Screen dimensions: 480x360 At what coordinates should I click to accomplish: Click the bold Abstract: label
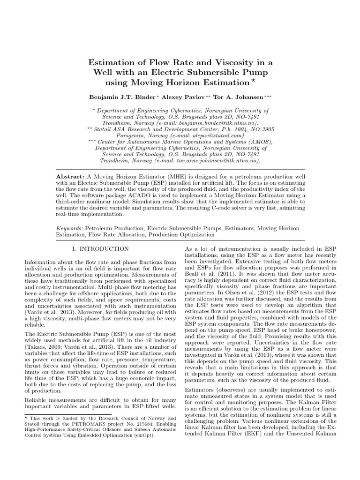pyautogui.click(x=70, y=174)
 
